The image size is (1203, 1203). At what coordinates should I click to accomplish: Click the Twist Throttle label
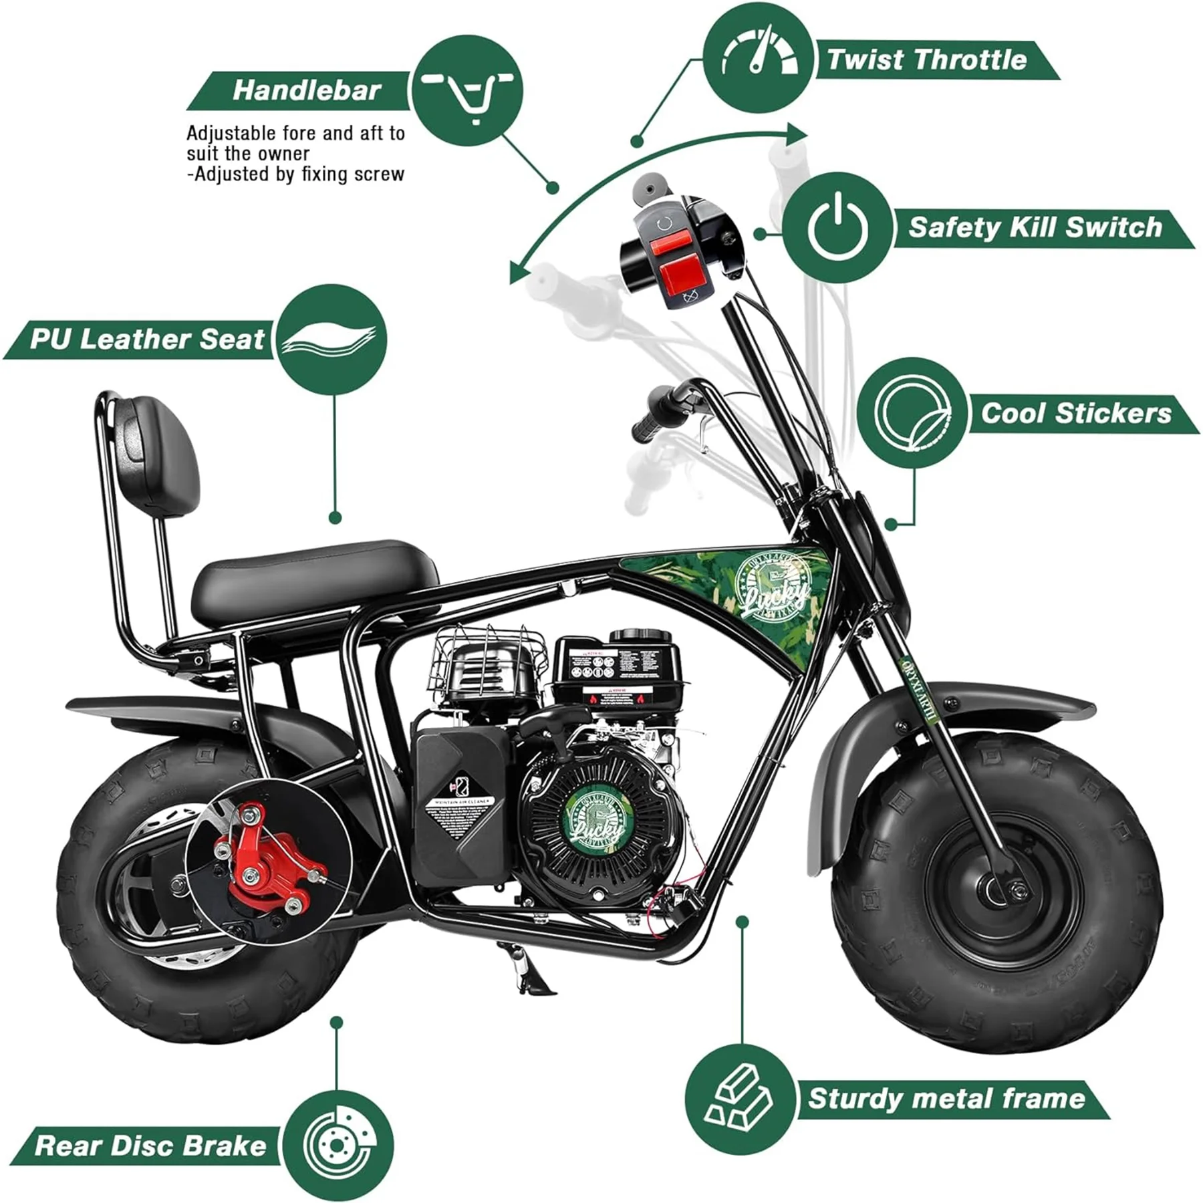pos(926,60)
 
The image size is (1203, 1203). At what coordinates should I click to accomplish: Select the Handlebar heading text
pos(306,90)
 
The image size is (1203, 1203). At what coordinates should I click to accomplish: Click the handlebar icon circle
pos(466,90)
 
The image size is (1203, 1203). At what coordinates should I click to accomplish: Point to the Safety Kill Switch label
pos(1035,228)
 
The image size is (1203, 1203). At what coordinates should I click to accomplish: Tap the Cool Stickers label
pos(1075,413)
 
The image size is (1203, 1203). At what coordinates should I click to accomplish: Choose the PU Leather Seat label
pos(147,340)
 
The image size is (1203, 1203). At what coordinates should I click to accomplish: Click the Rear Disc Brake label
pos(150,1146)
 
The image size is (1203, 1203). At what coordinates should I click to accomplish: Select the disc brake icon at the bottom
pos(337,1146)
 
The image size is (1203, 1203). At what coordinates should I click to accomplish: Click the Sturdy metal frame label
pos(946,1099)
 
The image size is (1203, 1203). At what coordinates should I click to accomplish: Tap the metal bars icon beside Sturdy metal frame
pos(741,1099)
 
